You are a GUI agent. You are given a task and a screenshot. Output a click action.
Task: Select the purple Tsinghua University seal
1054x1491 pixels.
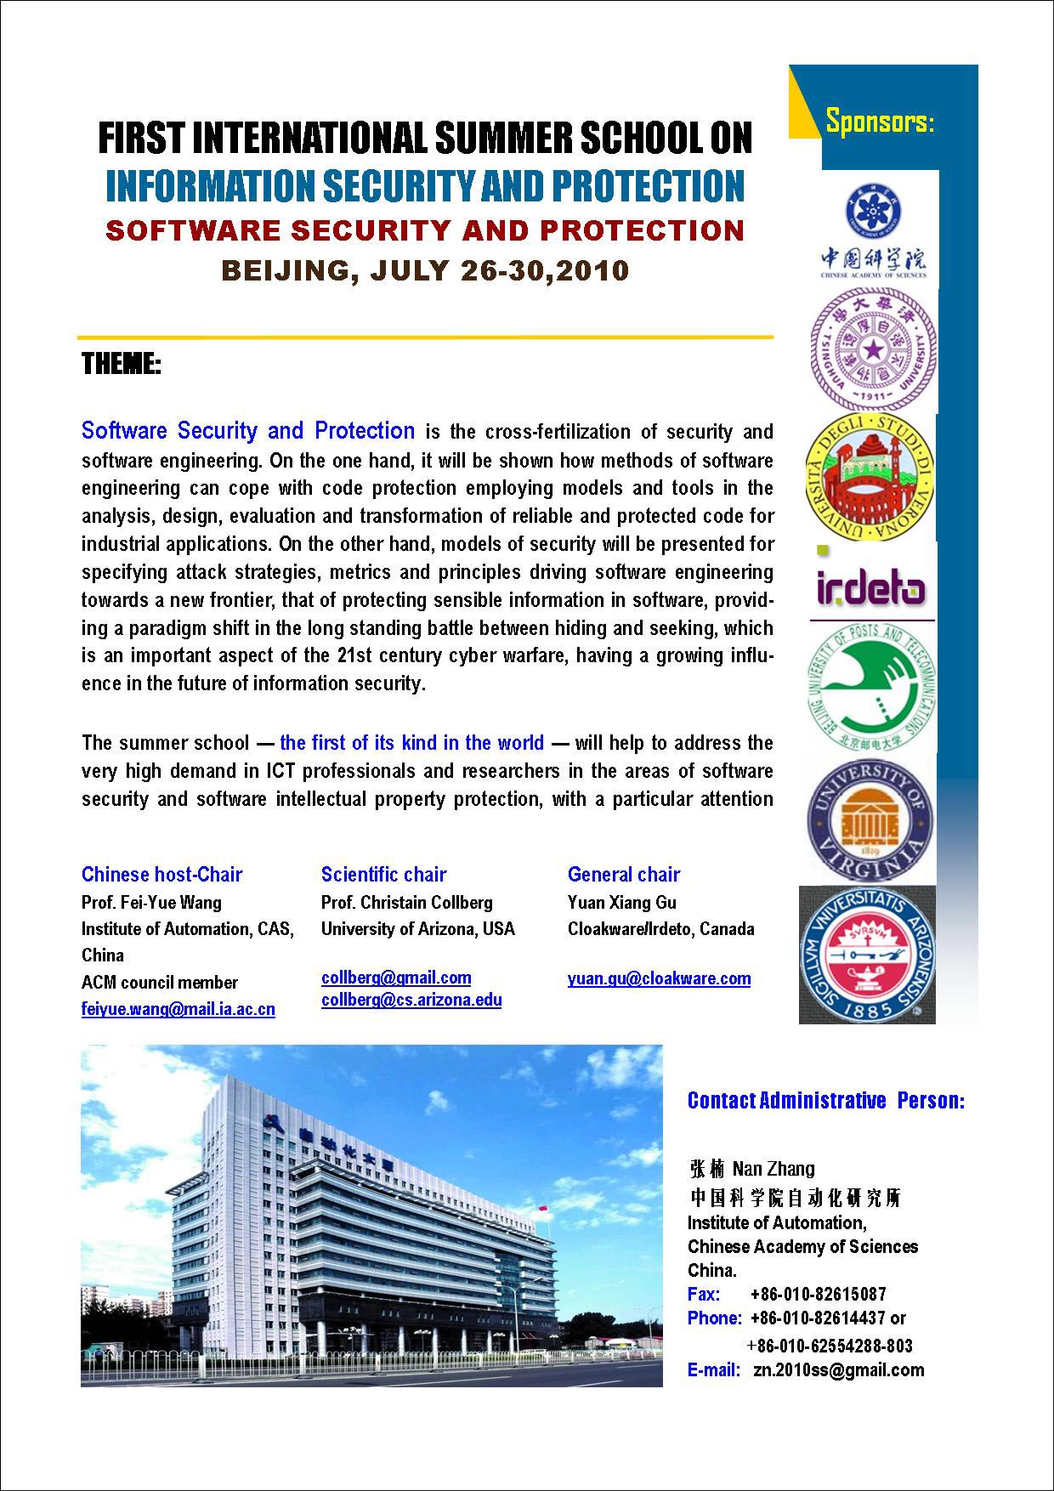[872, 349]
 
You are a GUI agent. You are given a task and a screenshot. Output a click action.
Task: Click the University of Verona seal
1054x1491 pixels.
[870, 477]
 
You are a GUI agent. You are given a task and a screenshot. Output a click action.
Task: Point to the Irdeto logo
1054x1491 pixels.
[870, 586]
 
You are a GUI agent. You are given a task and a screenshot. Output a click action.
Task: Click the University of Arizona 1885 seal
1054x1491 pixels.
[868, 955]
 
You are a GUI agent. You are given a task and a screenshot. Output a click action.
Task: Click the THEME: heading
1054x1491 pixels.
[122, 365]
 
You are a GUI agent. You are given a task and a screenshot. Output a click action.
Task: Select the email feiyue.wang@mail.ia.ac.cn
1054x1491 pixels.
[178, 1009]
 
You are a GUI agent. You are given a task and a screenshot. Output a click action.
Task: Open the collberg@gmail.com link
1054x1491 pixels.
[396, 978]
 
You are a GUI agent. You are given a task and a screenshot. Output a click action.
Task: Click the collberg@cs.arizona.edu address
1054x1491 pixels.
[411, 1000]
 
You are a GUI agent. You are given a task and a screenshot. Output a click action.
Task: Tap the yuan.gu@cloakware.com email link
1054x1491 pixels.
[659, 978]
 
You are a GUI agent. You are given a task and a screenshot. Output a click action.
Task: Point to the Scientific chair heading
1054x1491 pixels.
[383, 875]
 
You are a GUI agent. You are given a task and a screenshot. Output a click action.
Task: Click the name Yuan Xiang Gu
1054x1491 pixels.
[622, 902]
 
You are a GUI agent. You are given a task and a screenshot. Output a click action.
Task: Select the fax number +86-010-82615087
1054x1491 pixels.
[818, 1294]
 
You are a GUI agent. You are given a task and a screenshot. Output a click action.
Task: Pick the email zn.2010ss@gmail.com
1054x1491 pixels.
[838, 1369]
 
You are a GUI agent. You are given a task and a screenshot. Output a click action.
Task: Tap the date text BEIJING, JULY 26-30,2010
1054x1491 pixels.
[425, 270]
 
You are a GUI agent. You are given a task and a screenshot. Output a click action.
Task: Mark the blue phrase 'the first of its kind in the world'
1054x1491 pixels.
[411, 743]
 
